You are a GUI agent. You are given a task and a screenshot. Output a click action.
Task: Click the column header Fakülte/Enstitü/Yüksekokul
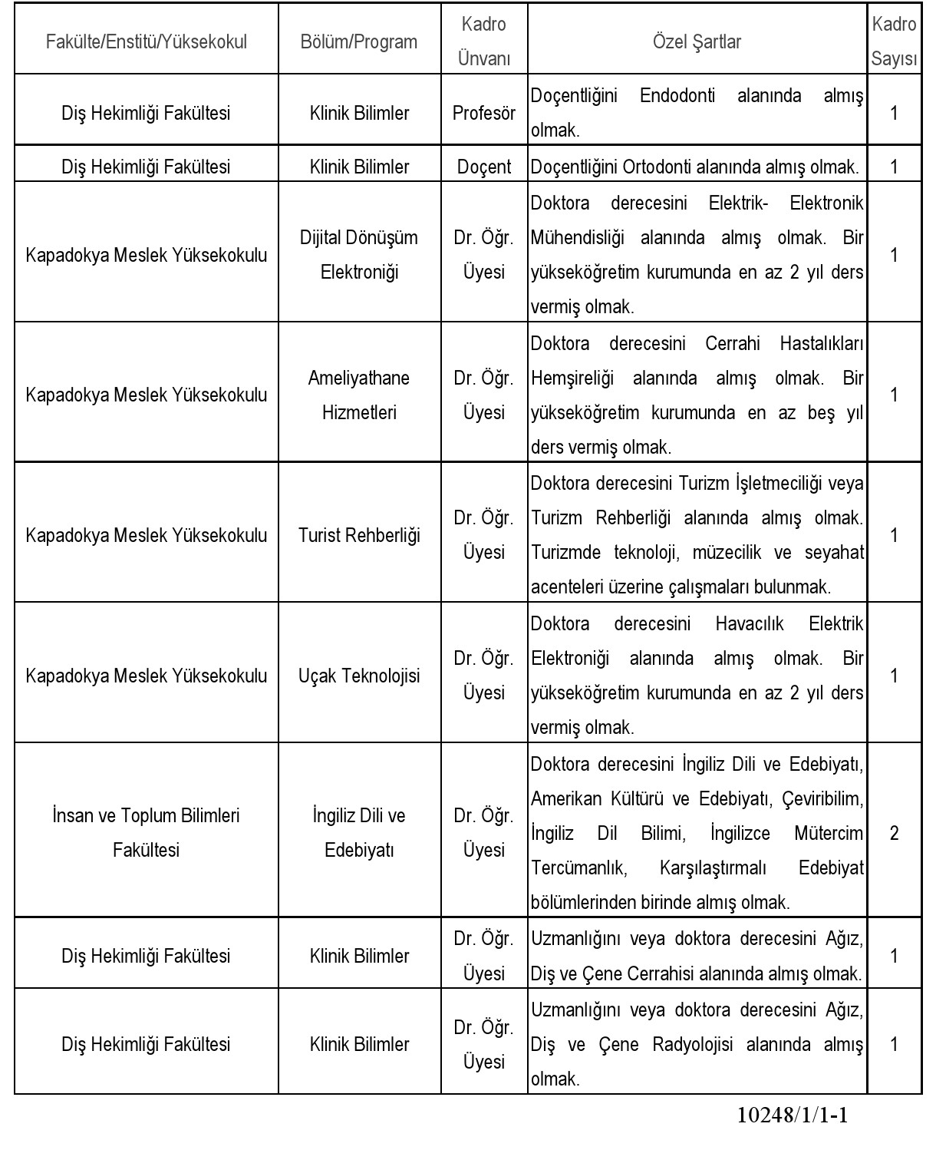147,41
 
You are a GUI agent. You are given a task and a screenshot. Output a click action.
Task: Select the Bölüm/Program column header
359,41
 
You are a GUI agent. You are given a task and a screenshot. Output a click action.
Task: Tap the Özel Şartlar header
697,41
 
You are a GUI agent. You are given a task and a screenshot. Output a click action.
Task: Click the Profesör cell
484,113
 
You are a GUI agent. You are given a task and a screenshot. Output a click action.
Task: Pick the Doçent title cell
484,167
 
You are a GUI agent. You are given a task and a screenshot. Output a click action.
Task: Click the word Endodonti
677,96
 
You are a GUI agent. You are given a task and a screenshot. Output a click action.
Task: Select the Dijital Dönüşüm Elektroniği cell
359,255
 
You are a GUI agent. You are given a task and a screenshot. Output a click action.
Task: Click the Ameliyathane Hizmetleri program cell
359,395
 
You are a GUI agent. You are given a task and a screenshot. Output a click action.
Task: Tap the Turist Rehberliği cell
359,535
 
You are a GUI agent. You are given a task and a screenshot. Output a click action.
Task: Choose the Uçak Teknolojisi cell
359,676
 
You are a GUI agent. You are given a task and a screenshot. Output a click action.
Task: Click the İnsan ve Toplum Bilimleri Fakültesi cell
147,833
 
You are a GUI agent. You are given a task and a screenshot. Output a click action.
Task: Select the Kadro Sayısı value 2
894,833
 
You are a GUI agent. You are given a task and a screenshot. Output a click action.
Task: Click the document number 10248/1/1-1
792,1115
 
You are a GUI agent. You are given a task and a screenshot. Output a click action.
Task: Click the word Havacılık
750,623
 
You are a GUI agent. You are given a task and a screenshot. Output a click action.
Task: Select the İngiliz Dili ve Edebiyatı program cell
359,833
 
